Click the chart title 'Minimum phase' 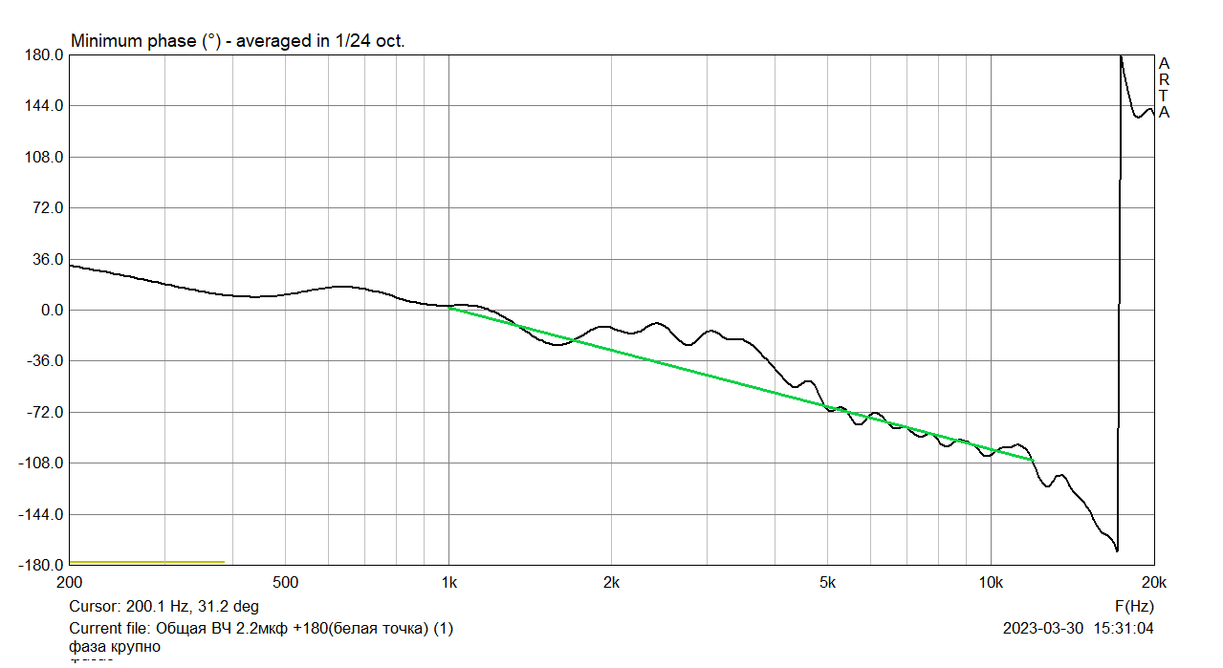133,42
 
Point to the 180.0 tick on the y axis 46,55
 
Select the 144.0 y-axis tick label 46,106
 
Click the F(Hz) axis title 1134,606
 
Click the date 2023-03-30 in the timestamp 1043,629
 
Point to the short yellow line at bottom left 147,562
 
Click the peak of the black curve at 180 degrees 1121,56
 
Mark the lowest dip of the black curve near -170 1117,550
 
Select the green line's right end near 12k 1033,461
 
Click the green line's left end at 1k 449,308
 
